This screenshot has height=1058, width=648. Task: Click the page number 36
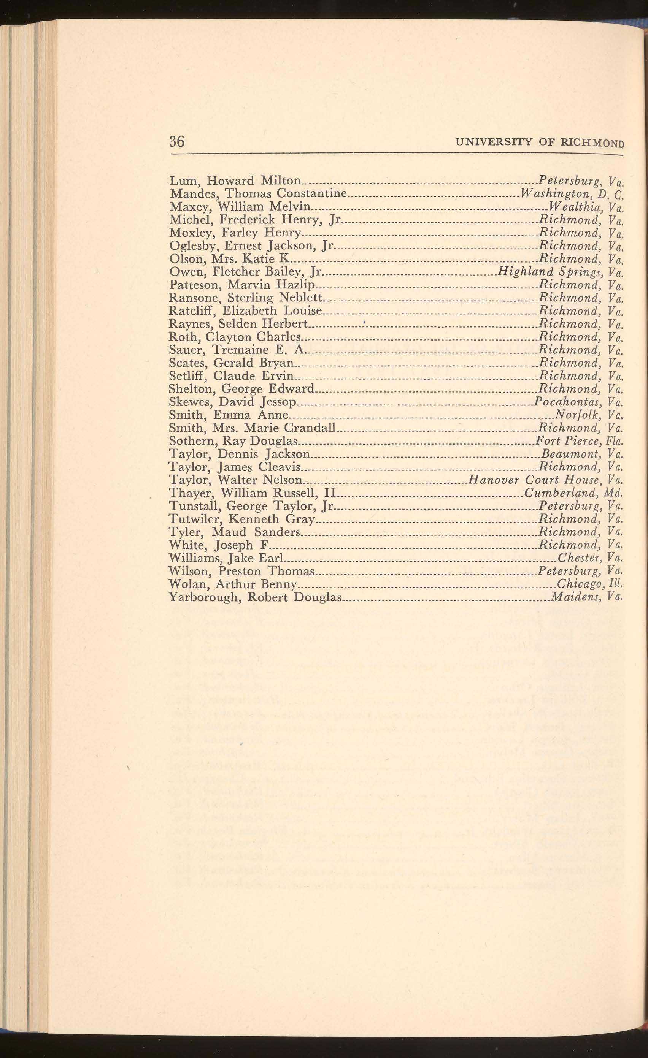coord(177,141)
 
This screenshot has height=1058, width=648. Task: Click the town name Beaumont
coord(570,454)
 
